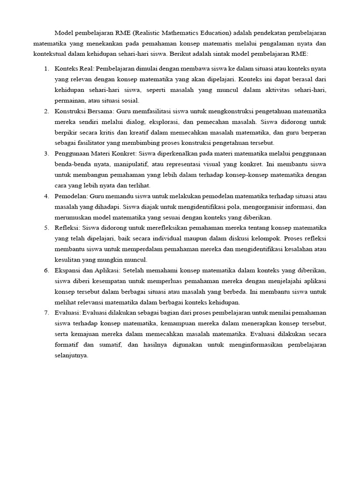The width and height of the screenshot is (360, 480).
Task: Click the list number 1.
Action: click(x=46, y=69)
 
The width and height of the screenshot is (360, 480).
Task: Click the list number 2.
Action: click(x=46, y=111)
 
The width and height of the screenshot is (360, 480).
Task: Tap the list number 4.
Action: click(x=46, y=195)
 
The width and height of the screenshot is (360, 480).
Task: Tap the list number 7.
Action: click(x=46, y=312)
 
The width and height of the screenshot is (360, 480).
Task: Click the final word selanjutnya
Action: click(x=72, y=355)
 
